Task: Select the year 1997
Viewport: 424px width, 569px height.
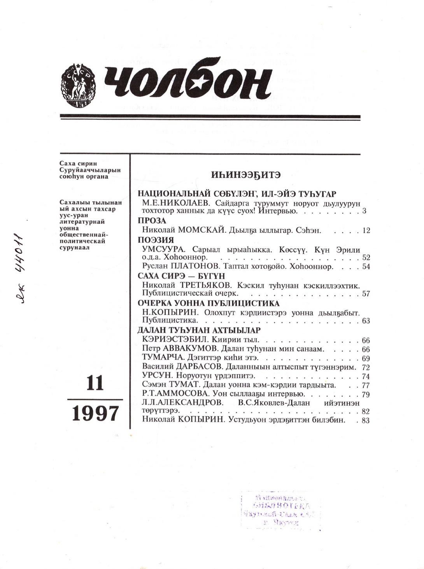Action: (x=95, y=413)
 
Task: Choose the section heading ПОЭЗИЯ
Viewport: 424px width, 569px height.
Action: (x=156, y=240)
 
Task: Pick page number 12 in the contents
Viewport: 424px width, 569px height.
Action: (x=366, y=230)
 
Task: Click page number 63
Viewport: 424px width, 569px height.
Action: (x=366, y=321)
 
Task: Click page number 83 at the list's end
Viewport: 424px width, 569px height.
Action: (x=366, y=420)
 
